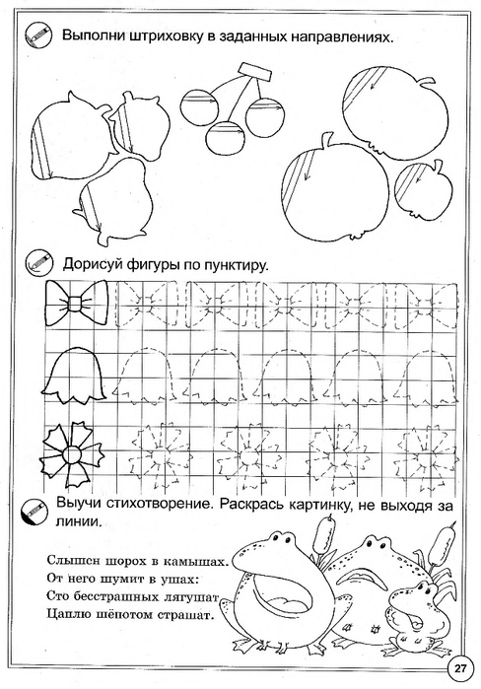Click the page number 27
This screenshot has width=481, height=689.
point(460,669)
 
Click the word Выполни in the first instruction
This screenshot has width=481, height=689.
point(93,36)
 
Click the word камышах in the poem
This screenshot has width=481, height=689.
point(196,562)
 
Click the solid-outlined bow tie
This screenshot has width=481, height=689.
point(77,303)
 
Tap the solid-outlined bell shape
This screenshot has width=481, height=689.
point(75,374)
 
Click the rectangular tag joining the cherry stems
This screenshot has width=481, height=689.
point(254,72)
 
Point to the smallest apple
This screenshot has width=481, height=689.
point(424,186)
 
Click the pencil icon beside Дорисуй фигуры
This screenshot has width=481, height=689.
point(38,263)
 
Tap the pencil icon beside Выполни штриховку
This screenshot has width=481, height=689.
point(38,34)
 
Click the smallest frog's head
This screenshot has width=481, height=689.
point(411,599)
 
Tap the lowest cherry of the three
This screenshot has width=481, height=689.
point(226,138)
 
